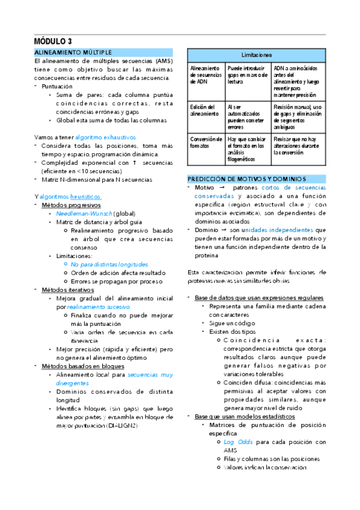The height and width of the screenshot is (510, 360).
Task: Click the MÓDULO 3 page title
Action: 53,41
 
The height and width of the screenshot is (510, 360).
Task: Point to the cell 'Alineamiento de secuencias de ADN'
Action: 205,76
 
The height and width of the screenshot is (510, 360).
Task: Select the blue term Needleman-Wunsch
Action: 84,214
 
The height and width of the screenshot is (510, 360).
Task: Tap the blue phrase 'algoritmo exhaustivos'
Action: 106,137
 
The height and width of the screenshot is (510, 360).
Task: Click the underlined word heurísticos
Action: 85,197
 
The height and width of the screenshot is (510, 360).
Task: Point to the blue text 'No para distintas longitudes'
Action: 109,264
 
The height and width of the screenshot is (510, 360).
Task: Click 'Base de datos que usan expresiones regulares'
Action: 259,298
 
